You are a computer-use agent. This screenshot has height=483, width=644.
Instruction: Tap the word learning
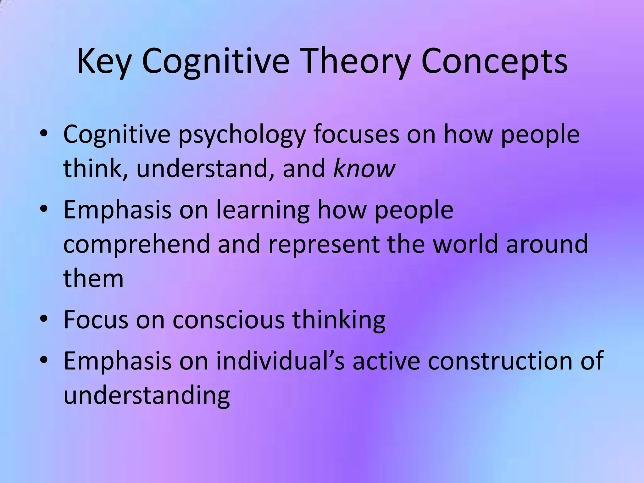pos(263,210)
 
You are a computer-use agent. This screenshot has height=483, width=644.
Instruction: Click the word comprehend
pos(136,245)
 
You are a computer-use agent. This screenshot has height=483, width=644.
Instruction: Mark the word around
pos(547,244)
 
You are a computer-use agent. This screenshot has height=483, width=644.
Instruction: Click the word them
pos(93,279)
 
